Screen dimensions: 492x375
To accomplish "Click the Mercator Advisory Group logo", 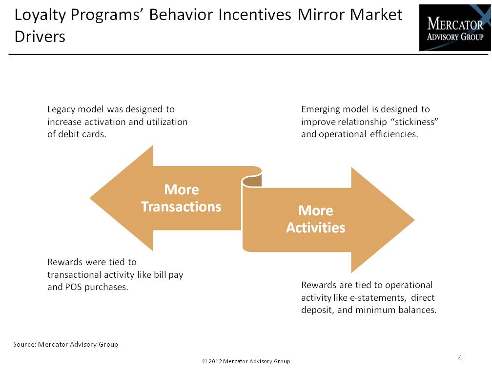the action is (455, 28).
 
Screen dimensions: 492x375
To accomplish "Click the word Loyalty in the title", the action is (40, 15).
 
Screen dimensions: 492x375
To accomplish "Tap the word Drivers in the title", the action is (40, 37).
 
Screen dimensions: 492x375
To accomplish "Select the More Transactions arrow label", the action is (181, 198).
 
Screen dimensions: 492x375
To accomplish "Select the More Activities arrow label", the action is (316, 219).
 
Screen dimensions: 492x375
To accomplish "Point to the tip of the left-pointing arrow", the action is (90, 198).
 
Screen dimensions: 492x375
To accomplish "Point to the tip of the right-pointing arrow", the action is (415, 220).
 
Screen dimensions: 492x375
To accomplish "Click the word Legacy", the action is (61, 110).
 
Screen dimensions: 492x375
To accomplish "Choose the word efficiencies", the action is (394, 134).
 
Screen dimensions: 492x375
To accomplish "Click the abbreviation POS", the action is (73, 287).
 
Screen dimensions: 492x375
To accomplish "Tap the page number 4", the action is (460, 358).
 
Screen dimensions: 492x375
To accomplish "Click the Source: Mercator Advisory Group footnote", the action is (65, 345).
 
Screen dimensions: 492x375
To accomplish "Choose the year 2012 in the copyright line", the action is (215, 361).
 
